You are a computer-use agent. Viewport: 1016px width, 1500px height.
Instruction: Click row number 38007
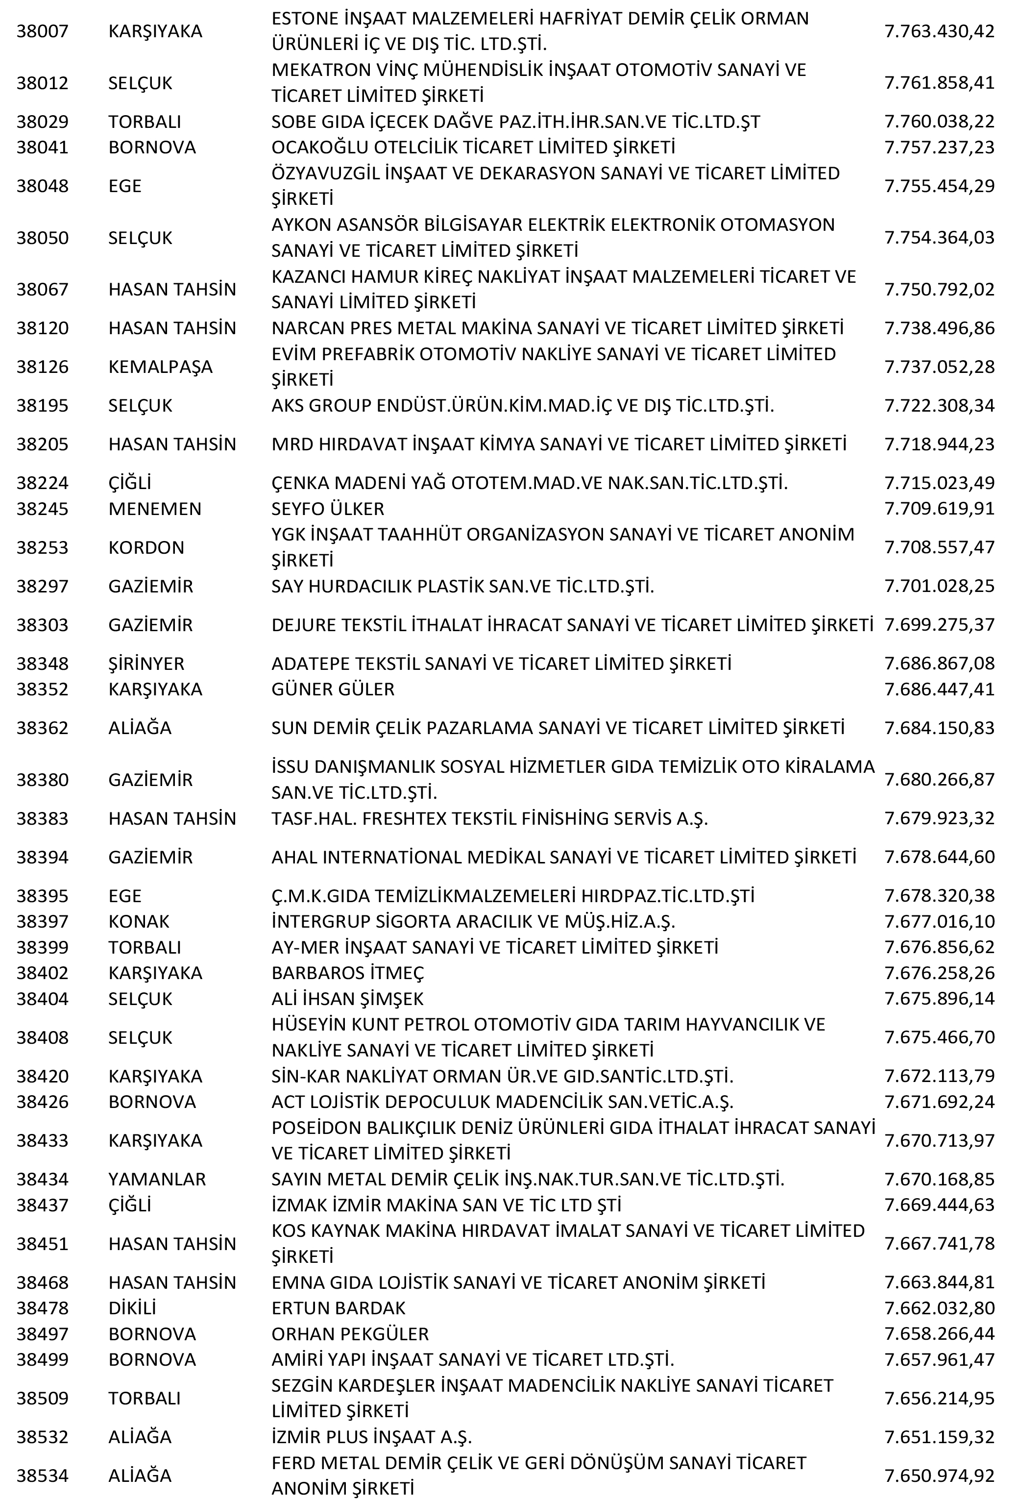(42, 31)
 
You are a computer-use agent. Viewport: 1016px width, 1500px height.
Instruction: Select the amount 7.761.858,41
(939, 83)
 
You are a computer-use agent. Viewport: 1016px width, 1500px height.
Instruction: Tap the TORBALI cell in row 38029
(145, 122)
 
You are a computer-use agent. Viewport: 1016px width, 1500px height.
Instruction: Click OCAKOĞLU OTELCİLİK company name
(473, 147)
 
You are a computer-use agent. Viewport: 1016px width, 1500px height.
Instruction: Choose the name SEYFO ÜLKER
(328, 509)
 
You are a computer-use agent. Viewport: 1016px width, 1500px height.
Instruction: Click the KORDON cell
(146, 547)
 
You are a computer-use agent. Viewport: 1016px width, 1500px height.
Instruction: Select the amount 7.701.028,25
(939, 586)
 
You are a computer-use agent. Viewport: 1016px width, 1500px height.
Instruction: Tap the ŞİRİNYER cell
(146, 664)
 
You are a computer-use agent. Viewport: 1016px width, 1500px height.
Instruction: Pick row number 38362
(42, 728)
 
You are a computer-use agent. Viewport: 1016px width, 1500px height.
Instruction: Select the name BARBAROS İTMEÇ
(348, 973)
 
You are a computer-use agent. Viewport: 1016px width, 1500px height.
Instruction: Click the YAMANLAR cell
(157, 1179)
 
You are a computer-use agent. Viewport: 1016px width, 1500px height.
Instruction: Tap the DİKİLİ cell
(132, 1308)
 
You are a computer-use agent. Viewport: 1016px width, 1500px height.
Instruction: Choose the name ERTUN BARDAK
(339, 1308)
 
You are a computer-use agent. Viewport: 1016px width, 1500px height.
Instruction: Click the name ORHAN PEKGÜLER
(350, 1334)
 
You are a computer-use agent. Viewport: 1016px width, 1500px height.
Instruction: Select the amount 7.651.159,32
(939, 1437)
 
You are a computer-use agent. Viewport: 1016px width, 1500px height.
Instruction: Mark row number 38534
(42, 1476)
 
